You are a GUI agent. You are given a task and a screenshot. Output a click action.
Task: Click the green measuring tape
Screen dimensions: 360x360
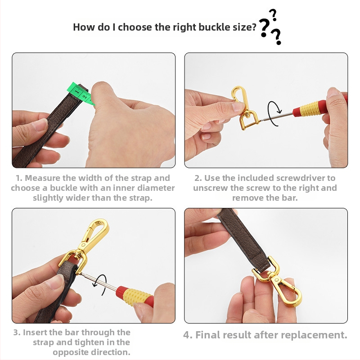pyautogui.click(x=81, y=94)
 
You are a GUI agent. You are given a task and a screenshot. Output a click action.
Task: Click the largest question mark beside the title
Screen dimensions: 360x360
pyautogui.click(x=265, y=27)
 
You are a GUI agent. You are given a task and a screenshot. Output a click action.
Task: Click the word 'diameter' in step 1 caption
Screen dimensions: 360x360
pyautogui.click(x=156, y=188)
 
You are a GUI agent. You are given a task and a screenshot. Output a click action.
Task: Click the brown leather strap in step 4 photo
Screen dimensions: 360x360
pyautogui.click(x=244, y=237)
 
